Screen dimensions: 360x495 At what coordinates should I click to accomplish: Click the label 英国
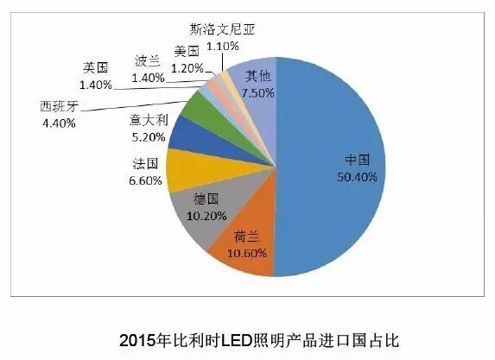coord(94,67)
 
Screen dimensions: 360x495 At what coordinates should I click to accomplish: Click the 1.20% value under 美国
coord(187,67)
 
